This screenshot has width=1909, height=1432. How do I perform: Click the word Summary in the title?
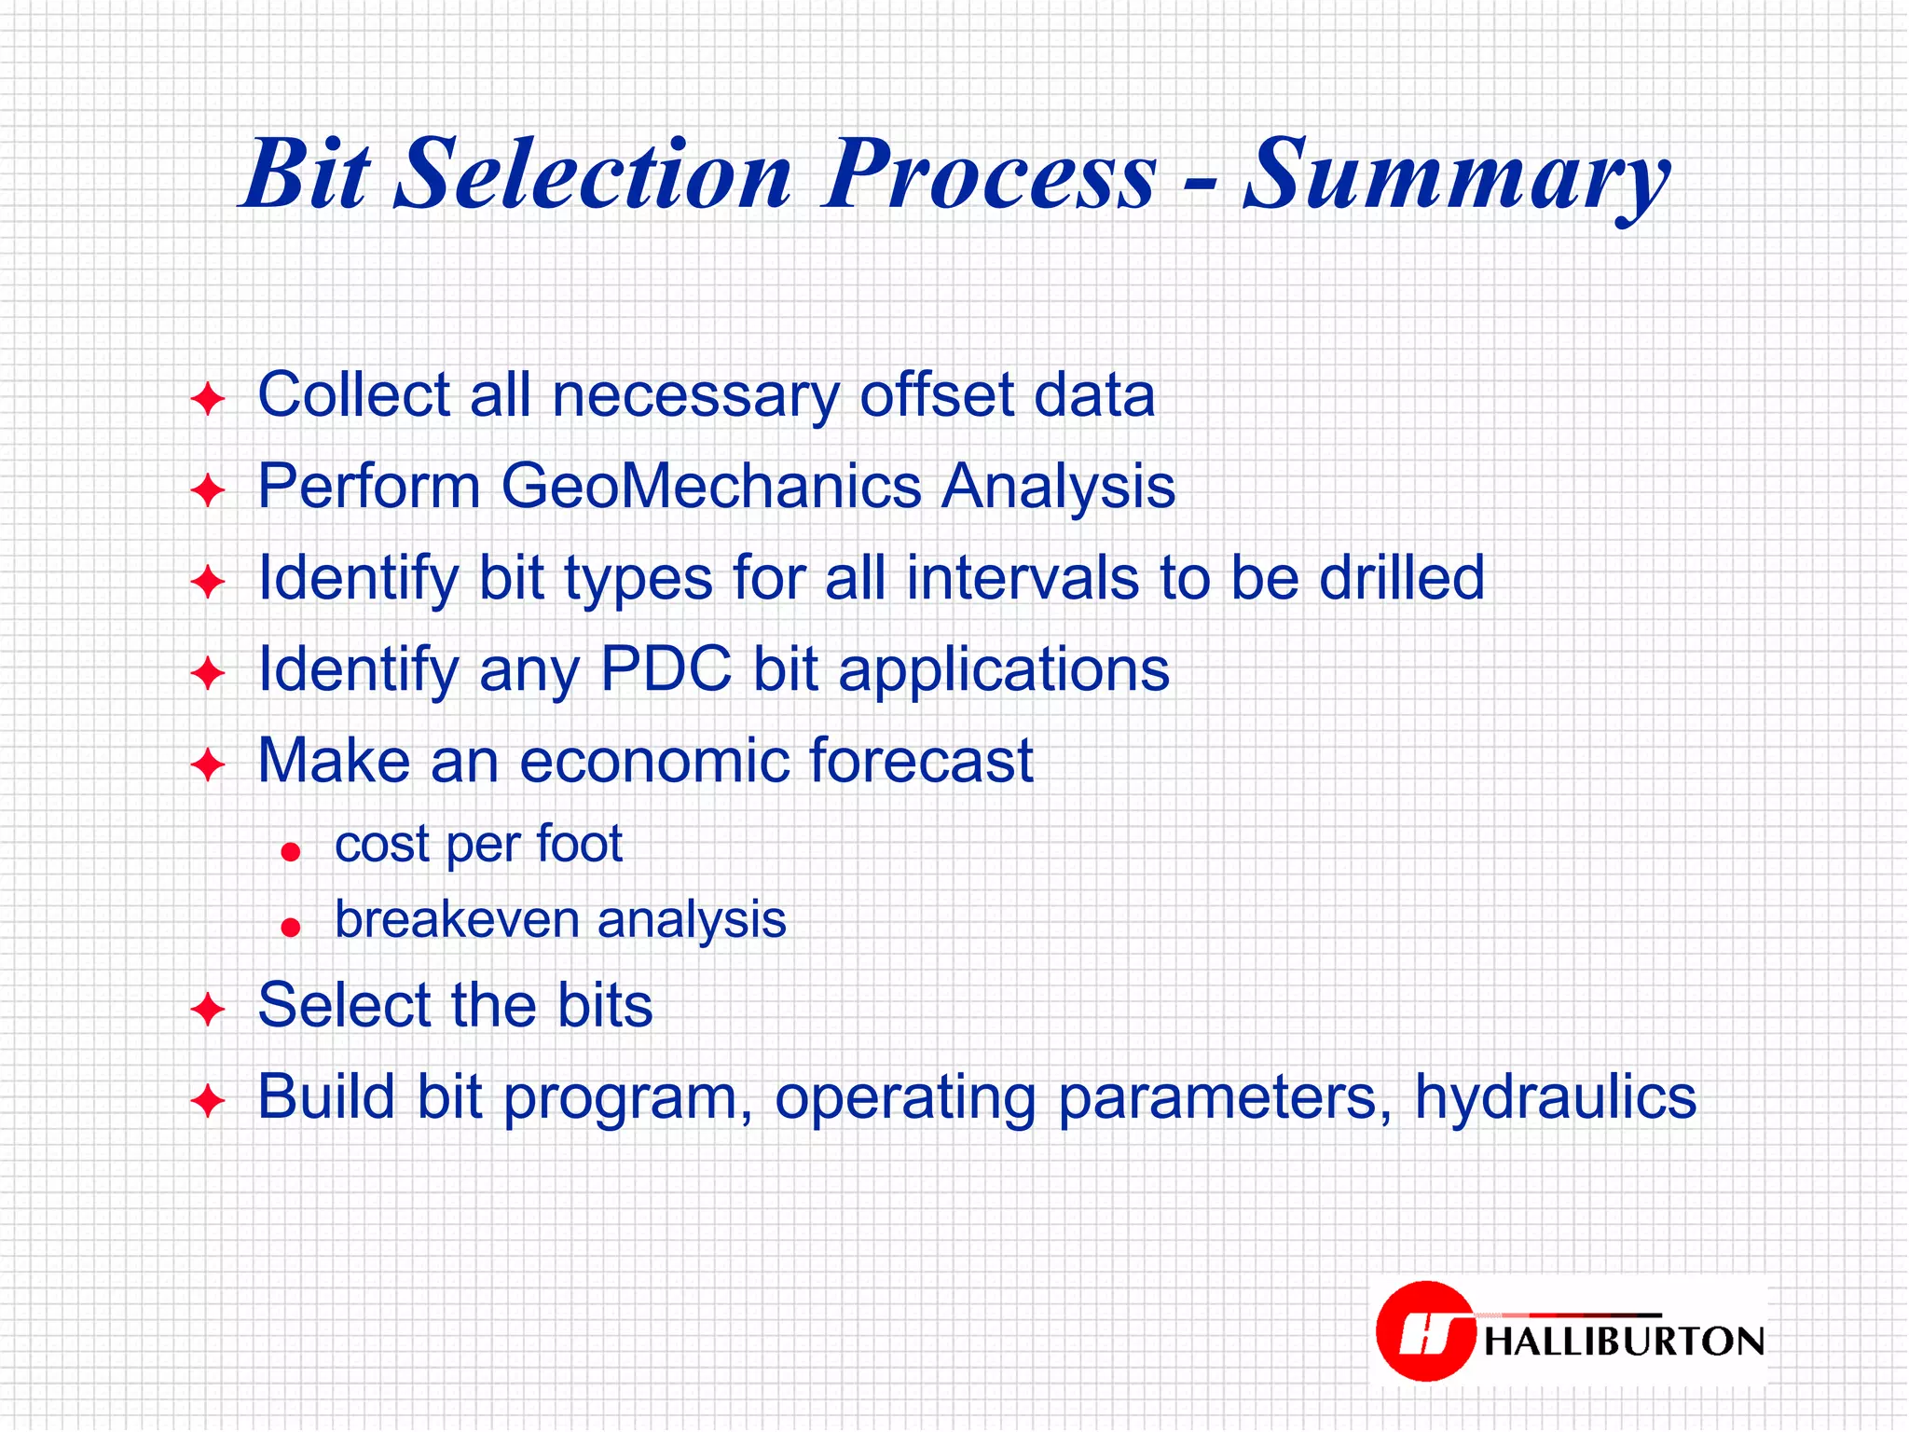click(1456, 175)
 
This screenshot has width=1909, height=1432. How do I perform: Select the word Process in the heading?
click(989, 175)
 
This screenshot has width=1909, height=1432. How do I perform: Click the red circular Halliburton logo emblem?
click(1424, 1330)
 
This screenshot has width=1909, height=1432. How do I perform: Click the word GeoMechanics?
click(711, 487)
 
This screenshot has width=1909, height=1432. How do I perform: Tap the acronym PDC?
click(666, 668)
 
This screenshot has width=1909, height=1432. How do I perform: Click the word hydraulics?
click(1555, 1097)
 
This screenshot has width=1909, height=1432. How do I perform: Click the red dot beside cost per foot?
click(291, 851)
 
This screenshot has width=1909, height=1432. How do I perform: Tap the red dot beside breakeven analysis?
click(291, 927)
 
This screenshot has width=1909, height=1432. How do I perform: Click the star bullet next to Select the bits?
click(207, 1010)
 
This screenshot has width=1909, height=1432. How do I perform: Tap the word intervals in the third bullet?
click(1023, 578)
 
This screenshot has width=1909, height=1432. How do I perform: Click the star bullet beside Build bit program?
click(207, 1101)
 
